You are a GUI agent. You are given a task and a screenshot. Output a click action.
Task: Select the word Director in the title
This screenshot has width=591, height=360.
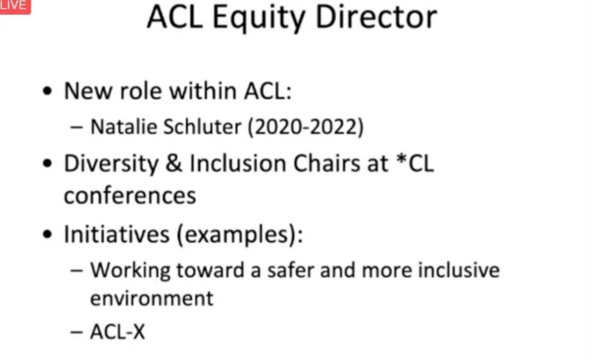(376, 17)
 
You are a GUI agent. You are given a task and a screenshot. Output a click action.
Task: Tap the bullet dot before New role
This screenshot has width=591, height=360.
(47, 91)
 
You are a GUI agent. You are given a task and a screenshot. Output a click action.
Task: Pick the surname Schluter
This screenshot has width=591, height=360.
(202, 127)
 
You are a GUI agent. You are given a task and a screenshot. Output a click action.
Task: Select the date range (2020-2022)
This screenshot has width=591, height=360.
(305, 127)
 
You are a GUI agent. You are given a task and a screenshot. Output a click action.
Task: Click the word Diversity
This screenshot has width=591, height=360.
(111, 164)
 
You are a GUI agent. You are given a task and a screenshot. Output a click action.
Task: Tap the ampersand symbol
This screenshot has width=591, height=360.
(174, 164)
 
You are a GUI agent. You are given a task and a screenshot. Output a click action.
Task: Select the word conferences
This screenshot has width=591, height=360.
(130, 196)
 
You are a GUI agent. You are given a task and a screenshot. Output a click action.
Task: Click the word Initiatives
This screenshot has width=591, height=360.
(117, 234)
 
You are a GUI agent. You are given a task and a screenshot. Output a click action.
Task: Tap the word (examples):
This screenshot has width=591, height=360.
(240, 235)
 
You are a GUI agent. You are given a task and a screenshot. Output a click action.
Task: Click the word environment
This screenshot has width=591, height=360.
(152, 299)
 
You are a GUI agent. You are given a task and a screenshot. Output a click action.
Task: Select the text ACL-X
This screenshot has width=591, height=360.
(118, 332)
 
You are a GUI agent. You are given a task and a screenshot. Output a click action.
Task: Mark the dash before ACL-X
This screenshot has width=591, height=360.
(77, 333)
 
